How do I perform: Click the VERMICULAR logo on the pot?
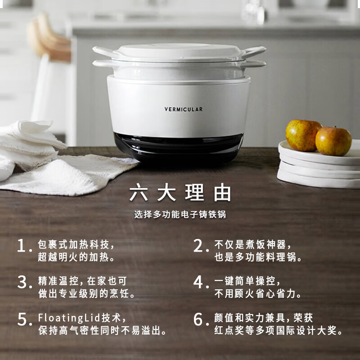click(x=183, y=109)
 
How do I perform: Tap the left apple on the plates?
click(x=303, y=135)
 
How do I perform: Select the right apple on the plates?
click(x=333, y=141)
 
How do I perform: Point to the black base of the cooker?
click(x=178, y=146)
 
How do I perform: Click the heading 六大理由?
click(x=180, y=192)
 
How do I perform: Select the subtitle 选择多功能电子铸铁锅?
click(x=180, y=215)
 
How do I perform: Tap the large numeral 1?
click(x=22, y=246)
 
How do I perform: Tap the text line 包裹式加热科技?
click(x=76, y=245)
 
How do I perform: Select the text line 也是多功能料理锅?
click(x=258, y=258)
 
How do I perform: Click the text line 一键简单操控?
click(x=247, y=281)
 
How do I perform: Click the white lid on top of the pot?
click(x=179, y=51)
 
